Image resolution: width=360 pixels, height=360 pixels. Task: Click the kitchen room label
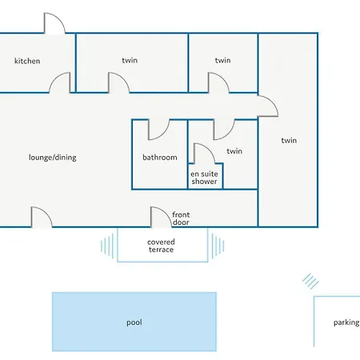point(27,61)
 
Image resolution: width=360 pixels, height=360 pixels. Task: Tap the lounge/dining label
point(53,158)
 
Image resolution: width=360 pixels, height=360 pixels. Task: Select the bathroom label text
point(160,158)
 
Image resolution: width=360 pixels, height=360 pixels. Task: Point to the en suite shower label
point(204,178)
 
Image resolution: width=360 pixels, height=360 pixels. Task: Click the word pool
point(134,322)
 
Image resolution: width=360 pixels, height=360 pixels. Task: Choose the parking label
point(346,322)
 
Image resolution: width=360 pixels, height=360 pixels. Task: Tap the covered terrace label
point(161,246)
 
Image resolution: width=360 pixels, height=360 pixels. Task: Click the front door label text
point(181,218)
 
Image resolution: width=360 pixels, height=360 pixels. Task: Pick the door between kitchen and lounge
point(56,78)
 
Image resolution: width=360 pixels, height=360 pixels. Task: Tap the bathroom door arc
point(162,134)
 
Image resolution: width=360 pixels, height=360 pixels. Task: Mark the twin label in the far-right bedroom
point(289,140)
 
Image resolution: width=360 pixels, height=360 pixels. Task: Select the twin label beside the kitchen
point(130,60)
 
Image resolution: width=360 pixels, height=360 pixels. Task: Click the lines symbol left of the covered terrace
point(107,246)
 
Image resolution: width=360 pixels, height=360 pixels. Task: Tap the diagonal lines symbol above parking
point(310,281)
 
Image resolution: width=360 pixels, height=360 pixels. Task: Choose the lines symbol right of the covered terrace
point(218,246)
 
